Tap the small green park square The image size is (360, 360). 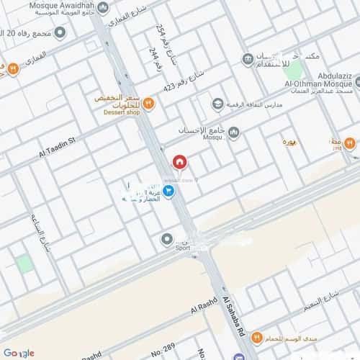[x=26, y=264]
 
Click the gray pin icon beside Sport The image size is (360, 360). [x=167, y=239]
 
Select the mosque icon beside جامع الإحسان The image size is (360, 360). [x=233, y=130]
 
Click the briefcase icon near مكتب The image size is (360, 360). [x=248, y=58]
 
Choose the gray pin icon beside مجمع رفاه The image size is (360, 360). [x=60, y=32]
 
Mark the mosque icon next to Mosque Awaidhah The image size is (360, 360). [x=102, y=9]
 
